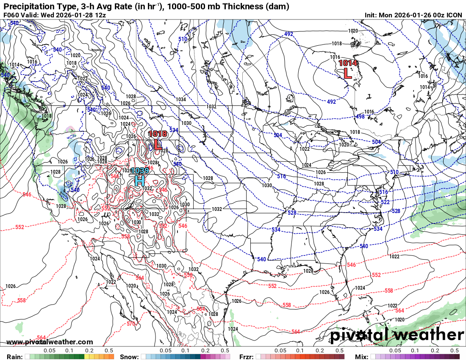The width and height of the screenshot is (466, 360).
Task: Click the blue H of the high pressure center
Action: (x=139, y=181)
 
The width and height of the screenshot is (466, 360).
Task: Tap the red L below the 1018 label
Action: (x=158, y=144)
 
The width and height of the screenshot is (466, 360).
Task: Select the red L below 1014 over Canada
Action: (x=347, y=73)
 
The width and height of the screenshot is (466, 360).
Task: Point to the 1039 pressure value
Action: (x=139, y=171)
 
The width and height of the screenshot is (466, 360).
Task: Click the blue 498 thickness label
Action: (x=360, y=116)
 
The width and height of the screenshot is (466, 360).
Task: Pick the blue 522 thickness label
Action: (x=385, y=202)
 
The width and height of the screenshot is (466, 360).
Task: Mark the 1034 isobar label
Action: (x=181, y=100)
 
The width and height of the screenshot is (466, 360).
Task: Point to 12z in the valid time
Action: (x=100, y=15)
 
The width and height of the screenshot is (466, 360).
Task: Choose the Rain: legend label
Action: (x=14, y=357)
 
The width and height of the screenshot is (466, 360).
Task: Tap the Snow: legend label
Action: (x=129, y=357)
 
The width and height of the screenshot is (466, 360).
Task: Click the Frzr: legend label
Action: (x=247, y=357)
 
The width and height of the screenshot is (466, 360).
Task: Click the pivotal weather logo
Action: (x=397, y=335)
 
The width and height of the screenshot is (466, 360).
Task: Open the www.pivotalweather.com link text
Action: (x=50, y=342)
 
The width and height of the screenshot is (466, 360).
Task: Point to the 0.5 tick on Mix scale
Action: (x=455, y=351)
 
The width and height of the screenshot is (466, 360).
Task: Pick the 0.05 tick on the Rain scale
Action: (x=50, y=351)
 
